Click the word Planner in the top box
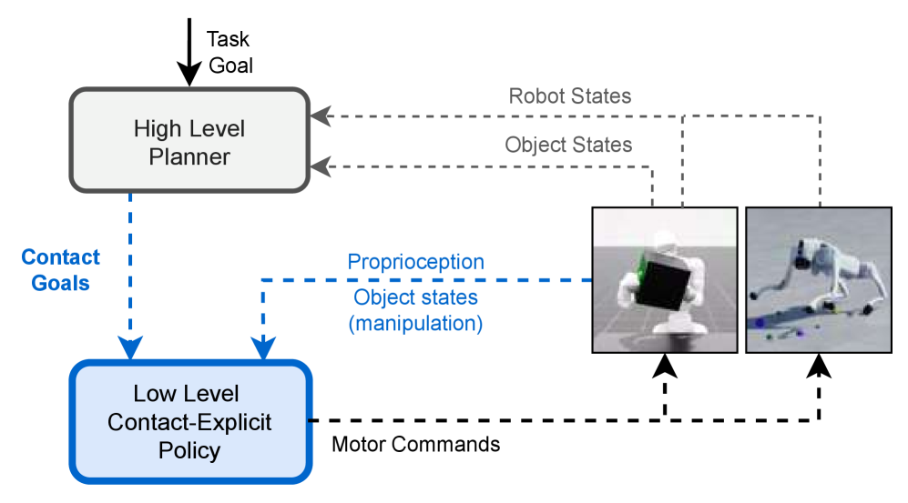[189, 156]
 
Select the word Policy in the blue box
[189, 450]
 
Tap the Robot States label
[569, 96]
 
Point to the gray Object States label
[568, 146]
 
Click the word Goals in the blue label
[60, 283]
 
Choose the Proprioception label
[415, 262]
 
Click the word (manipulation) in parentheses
[415, 323]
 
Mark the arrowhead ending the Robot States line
[320, 116]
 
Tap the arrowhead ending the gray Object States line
[320, 166]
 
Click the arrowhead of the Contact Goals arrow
[131, 347]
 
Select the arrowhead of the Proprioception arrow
[263, 347]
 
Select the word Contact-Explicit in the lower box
[189, 422]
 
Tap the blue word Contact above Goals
[60, 257]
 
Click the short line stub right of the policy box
[311, 421]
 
